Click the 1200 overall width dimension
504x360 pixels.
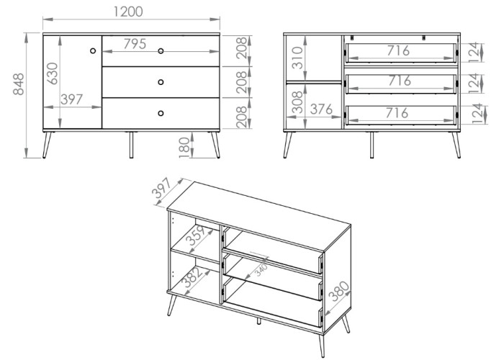click(128, 12)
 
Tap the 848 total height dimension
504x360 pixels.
click(19, 84)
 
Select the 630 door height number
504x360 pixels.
click(53, 73)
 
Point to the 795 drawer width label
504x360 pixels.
click(135, 44)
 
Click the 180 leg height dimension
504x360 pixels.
click(184, 147)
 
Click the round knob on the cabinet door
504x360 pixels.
click(93, 51)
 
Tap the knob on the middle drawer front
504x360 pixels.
click(161, 82)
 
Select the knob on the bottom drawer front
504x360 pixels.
click(161, 113)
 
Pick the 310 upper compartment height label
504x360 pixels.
click(297, 58)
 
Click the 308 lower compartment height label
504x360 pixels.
click(297, 102)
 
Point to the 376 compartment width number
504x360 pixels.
click(321, 109)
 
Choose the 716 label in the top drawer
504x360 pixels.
click(398, 50)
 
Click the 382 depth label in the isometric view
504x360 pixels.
click(192, 277)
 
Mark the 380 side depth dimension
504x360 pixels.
click(340, 291)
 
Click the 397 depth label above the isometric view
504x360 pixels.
click(162, 188)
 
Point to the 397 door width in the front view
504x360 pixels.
click(72, 99)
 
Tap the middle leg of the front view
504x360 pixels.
click(131, 145)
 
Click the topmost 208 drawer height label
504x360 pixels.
click(242, 48)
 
